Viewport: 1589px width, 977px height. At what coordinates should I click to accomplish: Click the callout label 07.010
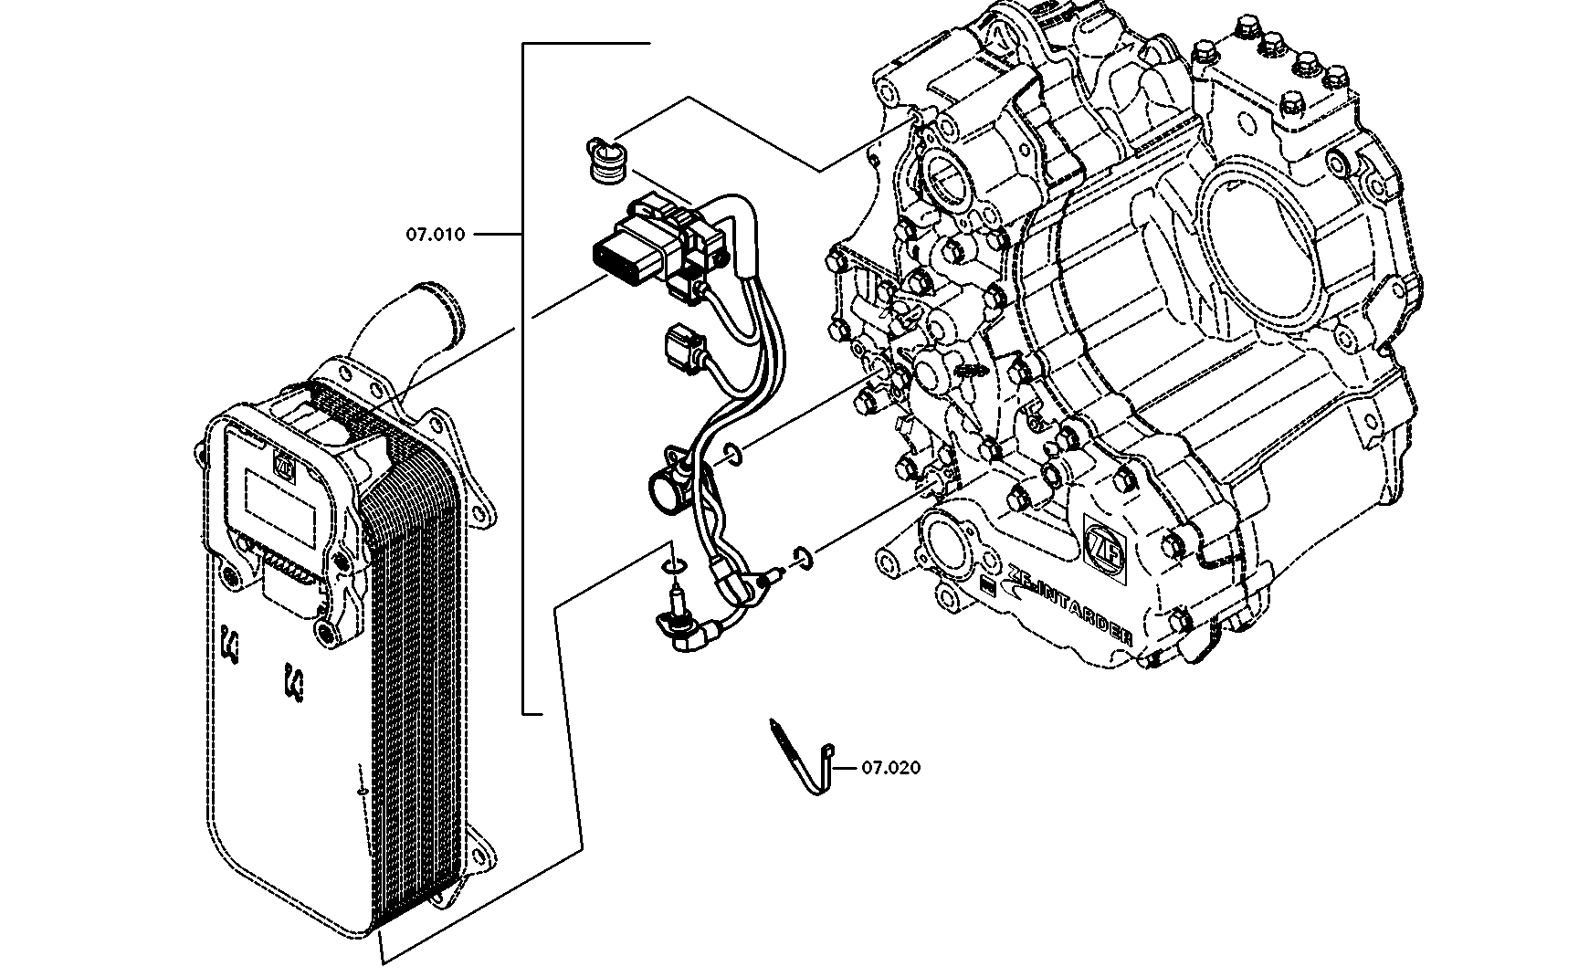[x=435, y=235]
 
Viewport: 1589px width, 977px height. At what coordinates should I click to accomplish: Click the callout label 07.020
[x=891, y=768]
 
